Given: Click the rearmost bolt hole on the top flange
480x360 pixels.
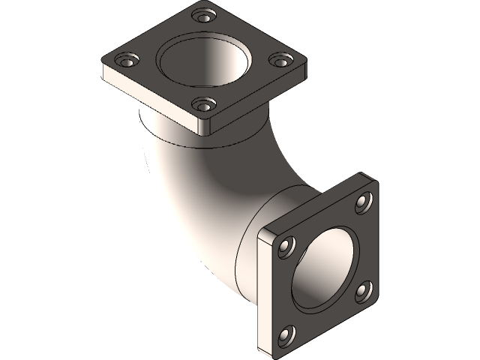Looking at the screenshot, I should point(201,15).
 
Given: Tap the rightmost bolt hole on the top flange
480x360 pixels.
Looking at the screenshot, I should point(280,59).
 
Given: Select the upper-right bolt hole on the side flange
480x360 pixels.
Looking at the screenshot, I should point(363,201).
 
